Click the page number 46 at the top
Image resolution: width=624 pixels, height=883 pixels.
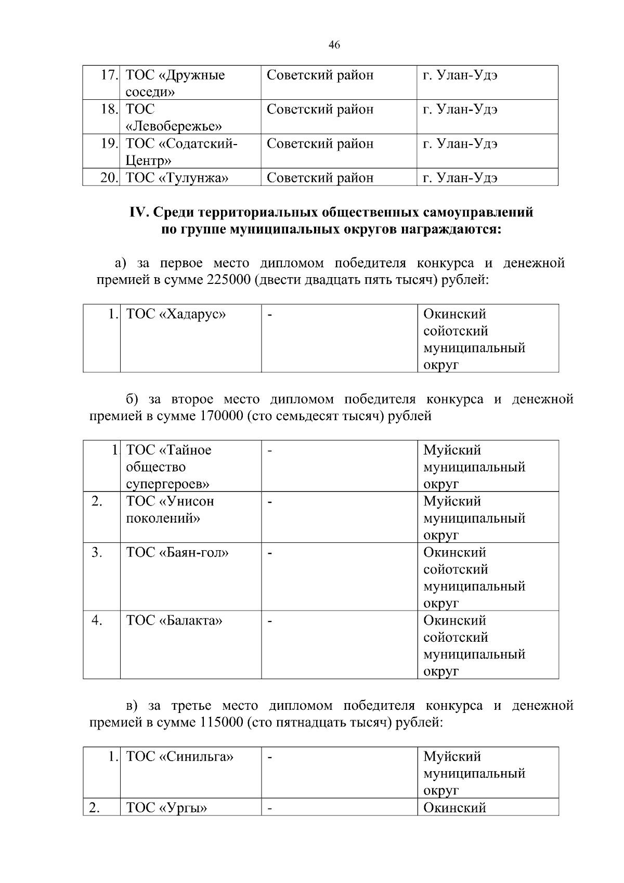click(x=334, y=45)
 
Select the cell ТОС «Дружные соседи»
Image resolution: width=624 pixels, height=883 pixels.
click(x=176, y=83)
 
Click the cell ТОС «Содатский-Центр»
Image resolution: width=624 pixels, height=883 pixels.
click(x=181, y=151)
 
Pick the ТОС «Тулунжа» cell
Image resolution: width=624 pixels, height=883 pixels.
click(x=177, y=178)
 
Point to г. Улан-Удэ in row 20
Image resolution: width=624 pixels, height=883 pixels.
click(x=460, y=178)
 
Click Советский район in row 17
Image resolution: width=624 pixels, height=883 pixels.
click(x=320, y=75)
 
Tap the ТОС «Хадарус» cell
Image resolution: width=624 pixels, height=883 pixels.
click(x=176, y=315)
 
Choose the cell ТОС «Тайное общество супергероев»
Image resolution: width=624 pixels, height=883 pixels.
click(x=168, y=466)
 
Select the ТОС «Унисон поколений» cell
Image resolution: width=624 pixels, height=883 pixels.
click(x=170, y=510)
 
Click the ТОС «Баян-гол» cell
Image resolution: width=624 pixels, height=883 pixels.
click(x=177, y=553)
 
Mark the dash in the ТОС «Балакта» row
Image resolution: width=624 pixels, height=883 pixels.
click(x=270, y=621)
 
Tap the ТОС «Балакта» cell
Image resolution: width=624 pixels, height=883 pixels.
click(x=174, y=621)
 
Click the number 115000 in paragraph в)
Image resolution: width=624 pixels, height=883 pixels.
click(x=219, y=723)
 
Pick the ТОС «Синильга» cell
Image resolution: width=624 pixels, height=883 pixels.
click(x=180, y=757)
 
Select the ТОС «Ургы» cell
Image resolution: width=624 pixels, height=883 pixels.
click(x=167, y=808)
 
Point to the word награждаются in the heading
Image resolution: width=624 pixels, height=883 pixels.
click(x=450, y=229)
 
